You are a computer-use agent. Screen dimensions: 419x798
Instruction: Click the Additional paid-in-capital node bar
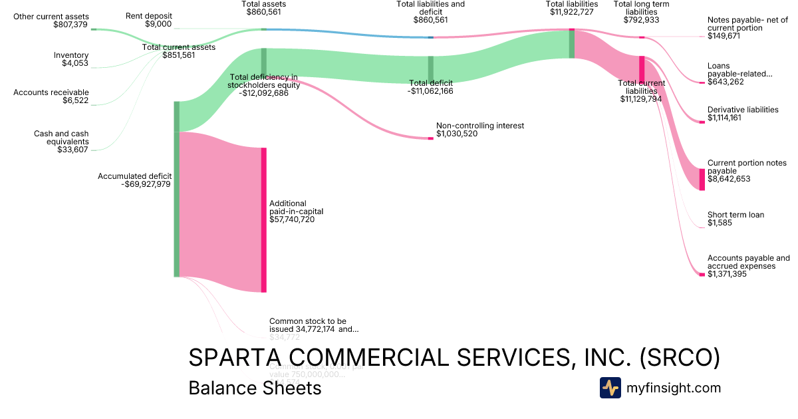[263, 219]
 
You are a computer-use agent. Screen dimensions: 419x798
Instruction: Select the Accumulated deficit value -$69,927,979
[146, 184]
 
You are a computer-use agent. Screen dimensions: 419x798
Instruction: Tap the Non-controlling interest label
[479, 126]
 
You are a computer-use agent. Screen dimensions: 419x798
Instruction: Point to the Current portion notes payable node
[702, 180]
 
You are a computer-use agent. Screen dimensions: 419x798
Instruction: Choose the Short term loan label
[735, 215]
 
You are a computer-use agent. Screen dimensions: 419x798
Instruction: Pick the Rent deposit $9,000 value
[158, 24]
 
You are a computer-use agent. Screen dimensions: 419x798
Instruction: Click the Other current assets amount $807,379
[70, 25]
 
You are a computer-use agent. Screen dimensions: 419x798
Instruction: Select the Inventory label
[71, 55]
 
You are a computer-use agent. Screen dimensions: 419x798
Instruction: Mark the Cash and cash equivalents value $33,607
[73, 150]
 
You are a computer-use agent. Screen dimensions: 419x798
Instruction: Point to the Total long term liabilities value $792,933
[641, 20]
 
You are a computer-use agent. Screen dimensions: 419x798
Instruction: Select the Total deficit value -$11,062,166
[430, 91]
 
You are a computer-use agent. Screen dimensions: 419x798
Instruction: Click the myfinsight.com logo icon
[610, 388]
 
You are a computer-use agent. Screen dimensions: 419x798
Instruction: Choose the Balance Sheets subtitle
[255, 388]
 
